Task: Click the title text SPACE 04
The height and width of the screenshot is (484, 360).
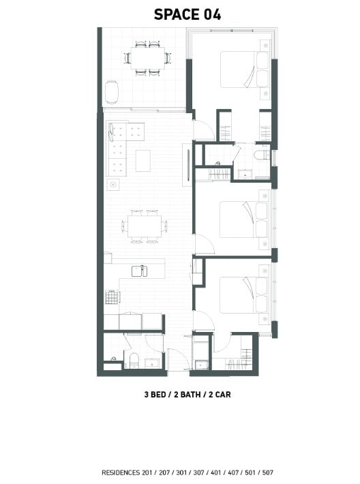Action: coord(187,14)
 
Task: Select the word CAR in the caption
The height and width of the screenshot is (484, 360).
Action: coord(223,395)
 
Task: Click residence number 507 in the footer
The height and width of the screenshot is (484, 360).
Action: coord(268,472)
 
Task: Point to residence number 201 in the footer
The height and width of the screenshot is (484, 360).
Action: coord(147,472)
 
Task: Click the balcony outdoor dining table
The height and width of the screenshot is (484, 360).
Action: coord(148,58)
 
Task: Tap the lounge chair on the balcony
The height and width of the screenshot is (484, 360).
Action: coord(111,91)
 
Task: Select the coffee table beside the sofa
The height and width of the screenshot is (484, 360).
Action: coord(143,160)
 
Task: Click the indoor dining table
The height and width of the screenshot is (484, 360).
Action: coord(145,226)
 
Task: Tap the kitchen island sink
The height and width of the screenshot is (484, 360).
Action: coord(139,271)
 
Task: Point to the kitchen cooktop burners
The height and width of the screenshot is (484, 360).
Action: coord(112,297)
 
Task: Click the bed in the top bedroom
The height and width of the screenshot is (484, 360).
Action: coord(244,70)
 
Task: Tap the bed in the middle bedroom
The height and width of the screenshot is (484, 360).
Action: coord(244,220)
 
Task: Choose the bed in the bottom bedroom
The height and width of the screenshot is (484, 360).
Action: coord(244,295)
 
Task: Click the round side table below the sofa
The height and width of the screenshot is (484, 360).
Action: coord(113,185)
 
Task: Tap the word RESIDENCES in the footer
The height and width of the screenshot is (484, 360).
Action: coord(121,472)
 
